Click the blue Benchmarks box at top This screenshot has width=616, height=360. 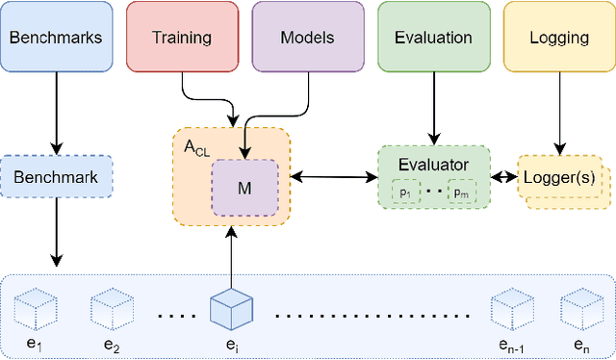pyautogui.click(x=57, y=38)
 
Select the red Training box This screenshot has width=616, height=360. pyautogui.click(x=182, y=38)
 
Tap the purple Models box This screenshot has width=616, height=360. pyautogui.click(x=308, y=38)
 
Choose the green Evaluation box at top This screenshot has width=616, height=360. pyautogui.click(x=433, y=38)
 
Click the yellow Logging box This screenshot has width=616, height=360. pyautogui.click(x=558, y=38)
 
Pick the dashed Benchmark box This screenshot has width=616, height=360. pyautogui.click(x=57, y=176)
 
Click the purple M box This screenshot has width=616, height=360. pyautogui.click(x=244, y=188)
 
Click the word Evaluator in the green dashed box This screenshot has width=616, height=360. pyautogui.click(x=433, y=164)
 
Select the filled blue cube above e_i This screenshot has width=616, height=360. pyautogui.click(x=230, y=308)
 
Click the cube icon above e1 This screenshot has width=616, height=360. pyautogui.click(x=36, y=309)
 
